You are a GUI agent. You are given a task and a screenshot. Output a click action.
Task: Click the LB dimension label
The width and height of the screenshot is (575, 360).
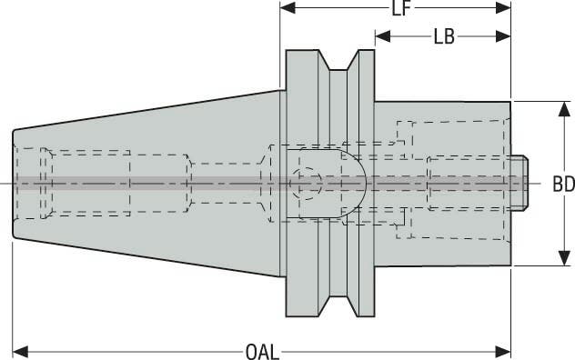click(x=444, y=37)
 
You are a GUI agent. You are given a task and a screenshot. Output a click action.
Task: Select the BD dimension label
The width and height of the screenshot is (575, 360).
click(x=563, y=184)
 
